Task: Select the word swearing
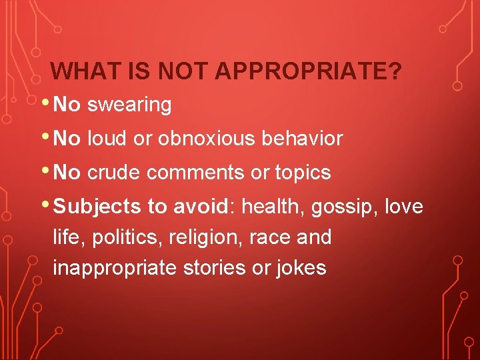point(129,105)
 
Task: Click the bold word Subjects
point(97,207)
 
